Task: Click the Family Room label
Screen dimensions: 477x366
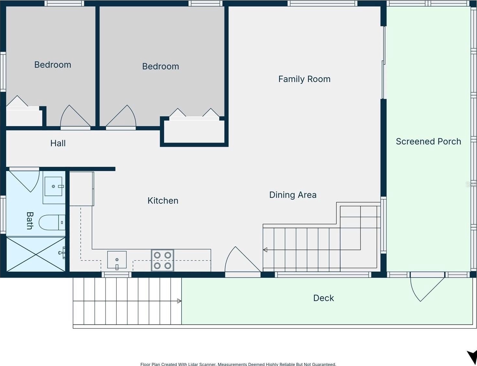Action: click(x=304, y=79)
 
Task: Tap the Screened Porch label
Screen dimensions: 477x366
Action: click(x=428, y=142)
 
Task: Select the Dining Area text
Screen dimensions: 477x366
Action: click(x=293, y=195)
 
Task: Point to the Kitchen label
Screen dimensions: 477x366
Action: click(x=163, y=201)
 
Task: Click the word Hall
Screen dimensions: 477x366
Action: click(x=58, y=143)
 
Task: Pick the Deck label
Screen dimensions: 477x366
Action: click(x=323, y=298)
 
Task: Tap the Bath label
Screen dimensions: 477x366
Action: click(x=30, y=221)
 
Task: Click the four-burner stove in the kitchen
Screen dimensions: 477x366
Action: click(x=163, y=260)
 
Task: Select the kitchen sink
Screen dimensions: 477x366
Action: click(x=117, y=260)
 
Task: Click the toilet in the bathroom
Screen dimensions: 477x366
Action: click(x=52, y=222)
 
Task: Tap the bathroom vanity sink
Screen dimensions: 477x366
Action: click(x=53, y=186)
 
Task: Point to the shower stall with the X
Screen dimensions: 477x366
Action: click(x=36, y=254)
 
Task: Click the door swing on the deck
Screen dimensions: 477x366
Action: click(x=427, y=289)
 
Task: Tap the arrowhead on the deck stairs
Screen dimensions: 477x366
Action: click(x=179, y=301)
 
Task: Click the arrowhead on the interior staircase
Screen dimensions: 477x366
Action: click(x=265, y=250)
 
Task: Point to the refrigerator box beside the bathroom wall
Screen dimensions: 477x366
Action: click(x=82, y=189)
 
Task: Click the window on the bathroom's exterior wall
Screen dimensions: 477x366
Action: click(x=3, y=214)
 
